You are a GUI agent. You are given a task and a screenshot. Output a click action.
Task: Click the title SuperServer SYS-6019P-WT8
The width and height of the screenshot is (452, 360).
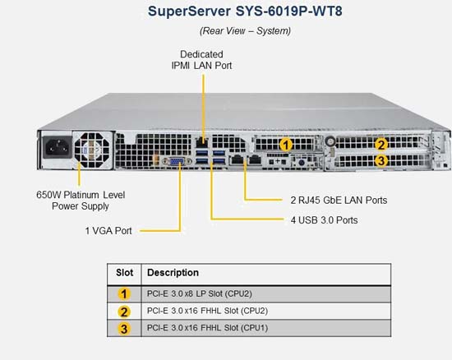[x=245, y=12]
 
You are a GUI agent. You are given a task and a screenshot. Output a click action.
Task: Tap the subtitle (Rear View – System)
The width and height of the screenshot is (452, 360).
[x=245, y=31]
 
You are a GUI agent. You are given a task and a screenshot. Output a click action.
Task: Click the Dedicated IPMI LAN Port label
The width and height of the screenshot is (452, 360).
[x=201, y=60]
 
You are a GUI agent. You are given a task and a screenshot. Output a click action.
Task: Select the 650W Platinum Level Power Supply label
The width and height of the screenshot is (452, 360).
[x=81, y=201]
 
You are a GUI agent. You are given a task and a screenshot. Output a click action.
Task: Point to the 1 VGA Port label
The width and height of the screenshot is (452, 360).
[x=108, y=231]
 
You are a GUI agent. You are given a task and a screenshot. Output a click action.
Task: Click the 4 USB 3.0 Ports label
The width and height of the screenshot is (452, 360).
[x=325, y=220]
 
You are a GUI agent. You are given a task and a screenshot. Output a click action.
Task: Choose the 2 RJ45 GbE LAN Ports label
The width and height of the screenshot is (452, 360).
[x=339, y=200]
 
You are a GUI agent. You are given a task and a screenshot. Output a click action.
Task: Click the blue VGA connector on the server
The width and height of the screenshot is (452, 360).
[x=177, y=162]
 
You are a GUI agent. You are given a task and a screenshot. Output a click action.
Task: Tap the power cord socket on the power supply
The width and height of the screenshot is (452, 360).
[x=58, y=147]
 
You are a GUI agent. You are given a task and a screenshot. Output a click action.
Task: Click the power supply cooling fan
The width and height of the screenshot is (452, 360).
[x=92, y=150]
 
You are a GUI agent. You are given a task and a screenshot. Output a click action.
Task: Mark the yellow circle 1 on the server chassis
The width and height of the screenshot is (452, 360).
[x=286, y=145]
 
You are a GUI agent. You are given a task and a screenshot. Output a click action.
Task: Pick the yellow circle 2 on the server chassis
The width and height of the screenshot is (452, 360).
[x=381, y=145]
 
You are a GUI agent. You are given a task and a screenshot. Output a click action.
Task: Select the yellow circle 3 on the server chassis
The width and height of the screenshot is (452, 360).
[x=381, y=160]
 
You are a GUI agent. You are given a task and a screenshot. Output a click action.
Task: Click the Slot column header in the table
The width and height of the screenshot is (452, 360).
[x=125, y=273]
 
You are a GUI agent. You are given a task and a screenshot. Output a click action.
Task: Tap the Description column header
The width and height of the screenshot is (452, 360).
[x=173, y=273]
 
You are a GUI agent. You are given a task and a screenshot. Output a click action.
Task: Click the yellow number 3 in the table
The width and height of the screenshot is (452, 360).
[x=124, y=329]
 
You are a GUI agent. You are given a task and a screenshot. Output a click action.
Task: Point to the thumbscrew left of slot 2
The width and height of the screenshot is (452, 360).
[x=330, y=141]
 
